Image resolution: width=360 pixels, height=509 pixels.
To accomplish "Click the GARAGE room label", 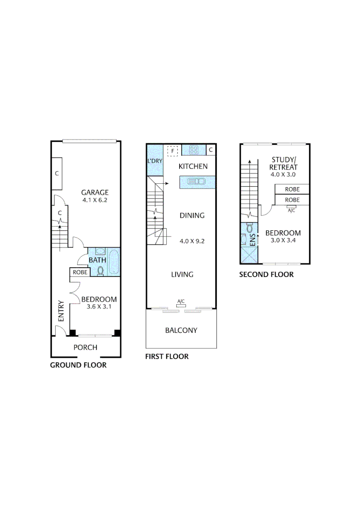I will (x=95, y=192).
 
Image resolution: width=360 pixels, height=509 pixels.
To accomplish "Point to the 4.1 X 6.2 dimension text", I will (x=95, y=200).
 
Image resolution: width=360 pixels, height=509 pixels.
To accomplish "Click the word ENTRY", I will (x=60, y=312).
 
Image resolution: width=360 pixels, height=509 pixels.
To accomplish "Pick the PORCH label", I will (x=85, y=347).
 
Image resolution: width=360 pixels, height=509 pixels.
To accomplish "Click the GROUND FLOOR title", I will (x=78, y=365).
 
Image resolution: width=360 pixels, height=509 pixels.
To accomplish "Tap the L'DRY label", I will (x=155, y=161).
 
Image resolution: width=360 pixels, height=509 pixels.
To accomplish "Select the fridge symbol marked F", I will (x=172, y=151).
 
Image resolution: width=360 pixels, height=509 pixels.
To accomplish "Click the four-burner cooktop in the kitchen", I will (x=194, y=150).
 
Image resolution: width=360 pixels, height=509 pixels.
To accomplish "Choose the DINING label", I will (x=192, y=215).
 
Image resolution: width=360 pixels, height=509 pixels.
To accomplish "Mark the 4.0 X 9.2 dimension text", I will (x=192, y=241).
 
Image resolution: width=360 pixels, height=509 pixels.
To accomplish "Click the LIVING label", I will (x=182, y=274).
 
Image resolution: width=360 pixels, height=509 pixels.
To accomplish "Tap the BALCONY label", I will (x=181, y=330).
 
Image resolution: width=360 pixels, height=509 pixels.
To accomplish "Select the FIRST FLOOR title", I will (x=167, y=357).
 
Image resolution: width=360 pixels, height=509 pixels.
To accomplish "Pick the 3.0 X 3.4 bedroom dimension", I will (x=283, y=241).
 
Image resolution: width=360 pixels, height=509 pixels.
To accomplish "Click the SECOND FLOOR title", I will (x=266, y=275).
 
